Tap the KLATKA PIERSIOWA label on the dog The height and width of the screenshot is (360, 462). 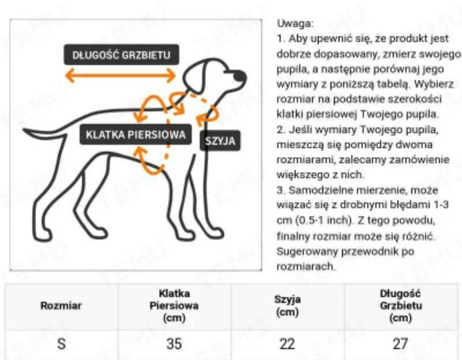(136, 135)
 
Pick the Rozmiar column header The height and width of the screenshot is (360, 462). (61, 306)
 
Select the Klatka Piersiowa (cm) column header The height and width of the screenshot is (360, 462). (174, 306)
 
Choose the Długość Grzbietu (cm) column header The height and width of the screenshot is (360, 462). (401, 306)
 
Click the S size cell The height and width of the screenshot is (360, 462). (61, 344)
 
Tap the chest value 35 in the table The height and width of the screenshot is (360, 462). (174, 344)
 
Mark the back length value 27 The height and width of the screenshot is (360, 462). (401, 344)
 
